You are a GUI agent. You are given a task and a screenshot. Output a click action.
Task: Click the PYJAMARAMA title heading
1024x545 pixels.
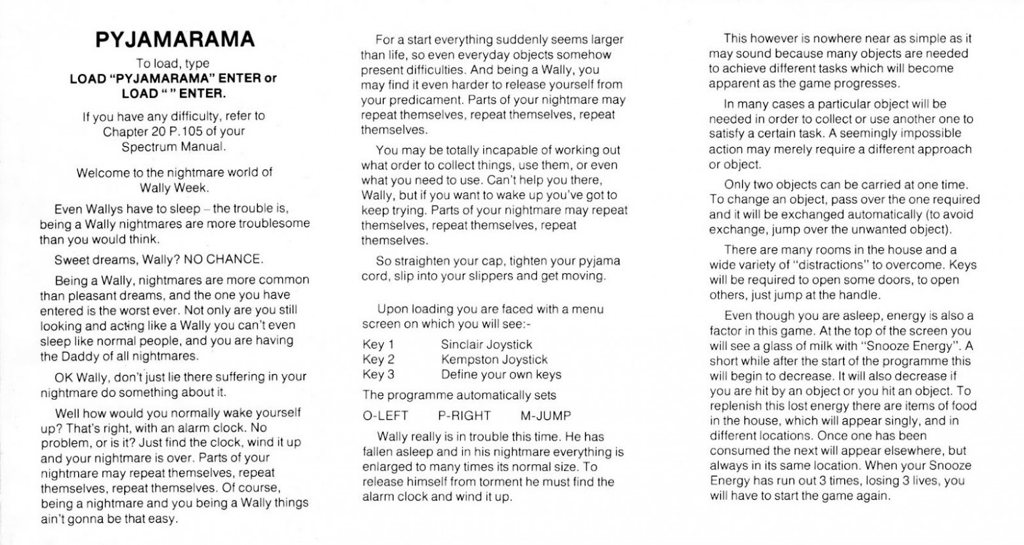(x=175, y=40)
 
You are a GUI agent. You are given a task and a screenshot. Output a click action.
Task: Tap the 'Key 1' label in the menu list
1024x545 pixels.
(x=378, y=345)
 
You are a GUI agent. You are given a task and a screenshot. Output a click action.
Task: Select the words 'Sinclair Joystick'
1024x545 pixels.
(x=486, y=345)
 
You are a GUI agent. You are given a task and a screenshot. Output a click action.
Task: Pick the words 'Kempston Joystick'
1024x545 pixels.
(x=494, y=360)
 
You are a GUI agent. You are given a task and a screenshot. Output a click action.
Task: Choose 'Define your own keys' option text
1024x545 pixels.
(x=501, y=375)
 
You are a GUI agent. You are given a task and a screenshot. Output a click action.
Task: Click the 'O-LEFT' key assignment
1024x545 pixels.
(x=385, y=416)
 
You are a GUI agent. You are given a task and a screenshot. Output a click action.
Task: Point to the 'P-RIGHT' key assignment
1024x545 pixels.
(x=464, y=416)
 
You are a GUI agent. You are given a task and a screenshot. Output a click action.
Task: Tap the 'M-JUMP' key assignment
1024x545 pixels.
(x=545, y=416)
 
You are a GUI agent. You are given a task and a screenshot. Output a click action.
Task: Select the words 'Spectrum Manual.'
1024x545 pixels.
(x=174, y=146)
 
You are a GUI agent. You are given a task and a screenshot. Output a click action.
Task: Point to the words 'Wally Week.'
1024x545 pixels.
(x=174, y=188)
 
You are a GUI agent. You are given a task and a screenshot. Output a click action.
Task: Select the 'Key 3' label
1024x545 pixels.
(x=378, y=375)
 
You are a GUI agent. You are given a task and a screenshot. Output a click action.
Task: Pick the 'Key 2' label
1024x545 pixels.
(x=378, y=360)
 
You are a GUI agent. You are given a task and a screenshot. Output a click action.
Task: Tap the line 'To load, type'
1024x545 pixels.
(x=173, y=64)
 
